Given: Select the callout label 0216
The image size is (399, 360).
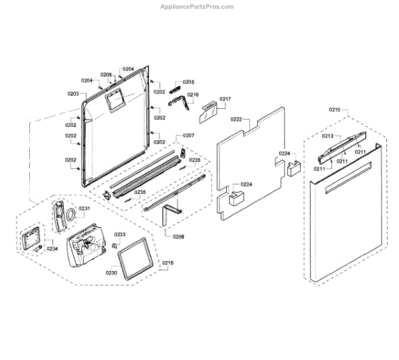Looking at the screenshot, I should coord(192,95).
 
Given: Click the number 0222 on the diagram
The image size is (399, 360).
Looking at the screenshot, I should coord(236,119).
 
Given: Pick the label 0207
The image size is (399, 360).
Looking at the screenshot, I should coord(188,135).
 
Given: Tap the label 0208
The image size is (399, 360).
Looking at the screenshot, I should coord(178,236).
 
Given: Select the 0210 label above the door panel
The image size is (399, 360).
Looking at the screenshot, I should coord(334,108).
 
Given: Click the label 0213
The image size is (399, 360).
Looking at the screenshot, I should coord(327,135).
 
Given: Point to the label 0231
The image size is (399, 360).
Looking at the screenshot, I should coord(84,209).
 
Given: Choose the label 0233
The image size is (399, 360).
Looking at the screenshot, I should coord(120,234).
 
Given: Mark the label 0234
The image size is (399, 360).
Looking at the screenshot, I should coord(52,248).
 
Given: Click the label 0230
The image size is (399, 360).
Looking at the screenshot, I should coord(112,272).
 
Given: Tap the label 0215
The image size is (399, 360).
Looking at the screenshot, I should coord(168,264).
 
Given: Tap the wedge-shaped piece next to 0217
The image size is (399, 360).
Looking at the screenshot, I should coord(208,110).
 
